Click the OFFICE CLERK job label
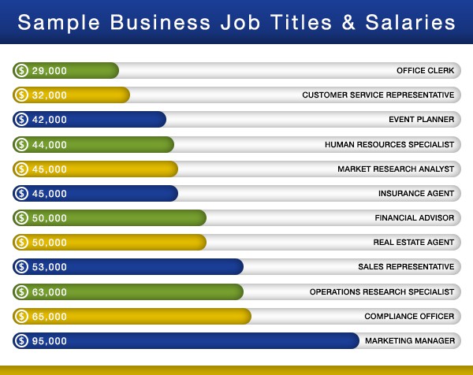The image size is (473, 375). pos(426,71)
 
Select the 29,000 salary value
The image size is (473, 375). pos(49,71)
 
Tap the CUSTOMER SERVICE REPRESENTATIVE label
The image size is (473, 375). pos(378,95)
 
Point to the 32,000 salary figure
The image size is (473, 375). pos(49,95)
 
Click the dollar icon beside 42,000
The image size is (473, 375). pos(22,120)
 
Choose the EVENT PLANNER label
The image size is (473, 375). pos(422,120)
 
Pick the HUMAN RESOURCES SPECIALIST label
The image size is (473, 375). pos(389,145)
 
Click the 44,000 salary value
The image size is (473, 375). pos(49,145)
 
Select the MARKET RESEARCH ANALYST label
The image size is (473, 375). pos(396,169)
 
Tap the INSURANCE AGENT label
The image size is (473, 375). pos(416,194)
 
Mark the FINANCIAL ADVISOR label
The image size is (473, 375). pos(415,218)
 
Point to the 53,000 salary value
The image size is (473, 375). pos(49,267)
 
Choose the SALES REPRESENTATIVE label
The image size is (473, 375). pos(406,267)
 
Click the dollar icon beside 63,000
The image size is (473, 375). pos(22,292)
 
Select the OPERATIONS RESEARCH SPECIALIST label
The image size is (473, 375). pos(382,292)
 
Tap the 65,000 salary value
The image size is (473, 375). pos(49,317)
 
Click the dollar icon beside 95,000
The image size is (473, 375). pos(22,341)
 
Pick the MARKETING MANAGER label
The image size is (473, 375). pos(410,341)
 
